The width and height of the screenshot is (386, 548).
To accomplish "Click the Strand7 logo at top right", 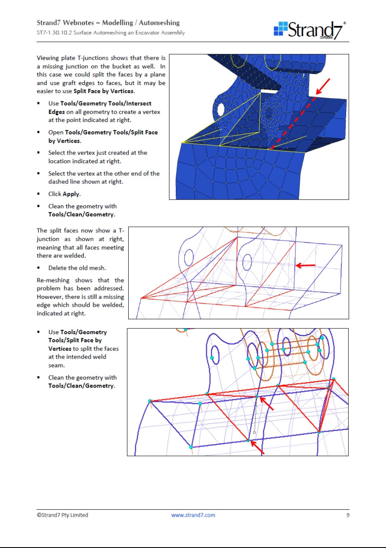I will [310, 30].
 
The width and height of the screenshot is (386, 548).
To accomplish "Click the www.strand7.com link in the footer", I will [193, 515].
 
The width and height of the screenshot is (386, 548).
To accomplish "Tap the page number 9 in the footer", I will [347, 515].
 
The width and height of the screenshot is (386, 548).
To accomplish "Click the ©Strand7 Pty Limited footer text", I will [62, 515].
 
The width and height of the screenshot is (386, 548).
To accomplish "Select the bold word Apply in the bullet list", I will [71, 194].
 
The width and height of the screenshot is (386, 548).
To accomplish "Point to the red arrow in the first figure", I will [323, 86].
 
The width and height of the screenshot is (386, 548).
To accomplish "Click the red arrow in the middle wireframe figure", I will [306, 266].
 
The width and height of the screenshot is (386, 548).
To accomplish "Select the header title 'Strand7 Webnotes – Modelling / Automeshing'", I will [108, 23].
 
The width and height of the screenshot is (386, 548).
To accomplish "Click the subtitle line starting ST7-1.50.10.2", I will [111, 33].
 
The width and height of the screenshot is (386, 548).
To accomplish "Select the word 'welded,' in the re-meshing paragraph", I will [113, 305].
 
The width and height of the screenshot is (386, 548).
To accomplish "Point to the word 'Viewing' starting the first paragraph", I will [48, 58].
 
